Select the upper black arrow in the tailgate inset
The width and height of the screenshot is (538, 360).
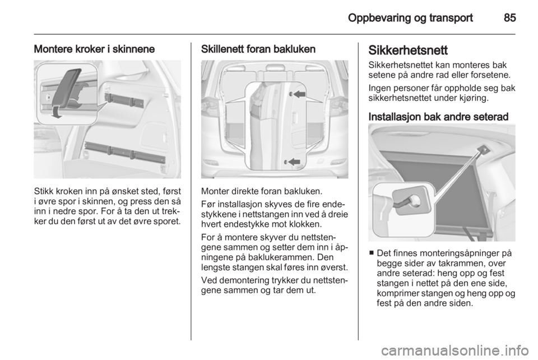coord(300,96)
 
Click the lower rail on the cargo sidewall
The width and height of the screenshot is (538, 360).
coord(124,154)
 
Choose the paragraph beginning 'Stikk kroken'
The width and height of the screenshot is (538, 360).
coord(107,205)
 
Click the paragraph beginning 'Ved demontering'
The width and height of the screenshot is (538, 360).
coord(274,286)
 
